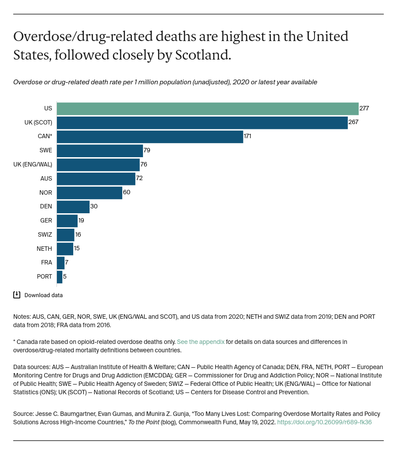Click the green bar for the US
tap(207, 109)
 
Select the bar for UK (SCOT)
tap(202, 123)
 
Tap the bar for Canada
tap(150, 137)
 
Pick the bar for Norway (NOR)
tap(90, 193)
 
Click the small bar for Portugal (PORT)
tap(60, 277)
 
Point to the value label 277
tap(364, 109)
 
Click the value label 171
tap(247, 136)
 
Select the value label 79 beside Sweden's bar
tap(147, 151)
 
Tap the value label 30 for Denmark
tap(94, 207)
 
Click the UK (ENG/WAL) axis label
tap(33, 165)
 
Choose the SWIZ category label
tap(45, 235)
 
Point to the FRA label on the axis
tap(46, 263)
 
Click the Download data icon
tap(17, 295)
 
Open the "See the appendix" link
tap(201, 342)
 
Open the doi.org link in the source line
tap(324, 422)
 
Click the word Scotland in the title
tap(202, 55)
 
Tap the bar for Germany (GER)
tap(67, 221)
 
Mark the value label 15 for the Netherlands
tap(77, 249)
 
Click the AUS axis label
tap(46, 179)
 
